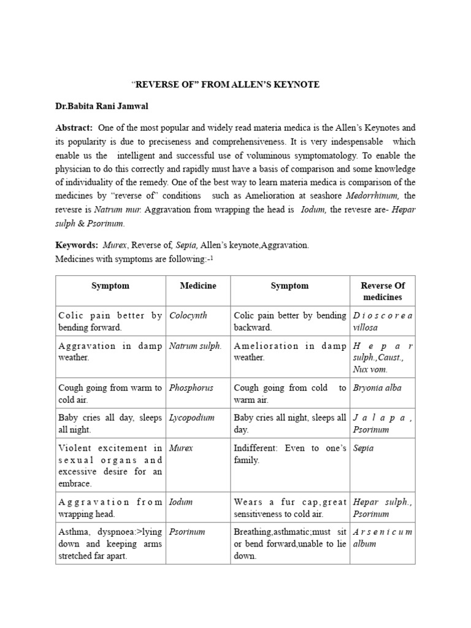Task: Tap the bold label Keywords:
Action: pyautogui.click(x=77, y=245)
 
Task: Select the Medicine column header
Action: pyautogui.click(x=197, y=286)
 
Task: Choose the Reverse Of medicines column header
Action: pyautogui.click(x=382, y=291)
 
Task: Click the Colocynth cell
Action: pyautogui.click(x=188, y=315)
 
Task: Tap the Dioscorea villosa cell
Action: pyautogui.click(x=382, y=321)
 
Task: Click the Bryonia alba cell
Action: pyautogui.click(x=377, y=388)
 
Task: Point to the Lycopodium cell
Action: pyautogui.click(x=192, y=418)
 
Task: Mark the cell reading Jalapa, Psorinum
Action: pyautogui.click(x=382, y=423)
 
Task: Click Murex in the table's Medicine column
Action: pyautogui.click(x=181, y=448)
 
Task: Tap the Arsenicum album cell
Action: pyautogui.click(x=382, y=537)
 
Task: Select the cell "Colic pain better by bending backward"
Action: pyautogui.click(x=289, y=321)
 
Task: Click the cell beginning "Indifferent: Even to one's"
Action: pyautogui.click(x=289, y=454)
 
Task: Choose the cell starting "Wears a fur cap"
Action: pyautogui.click(x=289, y=508)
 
